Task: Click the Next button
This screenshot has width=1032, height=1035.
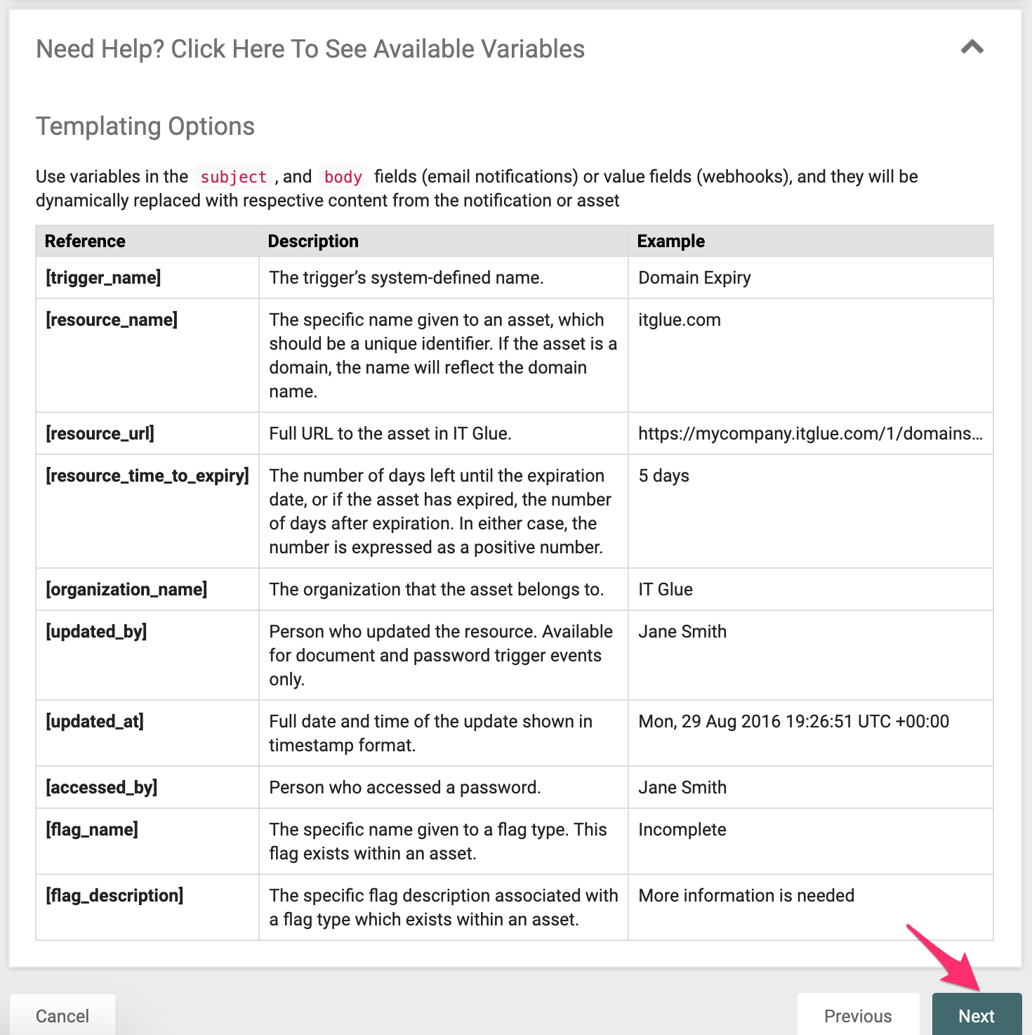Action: tap(976, 1015)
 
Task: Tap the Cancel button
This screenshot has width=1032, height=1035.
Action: tap(62, 1015)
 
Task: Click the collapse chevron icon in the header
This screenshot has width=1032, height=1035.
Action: tap(972, 48)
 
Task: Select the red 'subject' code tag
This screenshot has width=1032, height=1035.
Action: tap(234, 177)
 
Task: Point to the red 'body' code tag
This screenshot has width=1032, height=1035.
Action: tap(343, 177)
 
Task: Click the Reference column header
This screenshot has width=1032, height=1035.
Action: tap(85, 241)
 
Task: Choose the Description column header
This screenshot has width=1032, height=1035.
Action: tap(313, 241)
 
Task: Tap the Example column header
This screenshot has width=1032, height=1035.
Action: tap(670, 241)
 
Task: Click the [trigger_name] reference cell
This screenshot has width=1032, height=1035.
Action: tap(103, 277)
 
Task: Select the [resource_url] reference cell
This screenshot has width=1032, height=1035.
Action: tap(100, 433)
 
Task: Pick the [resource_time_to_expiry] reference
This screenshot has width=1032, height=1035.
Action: tap(147, 475)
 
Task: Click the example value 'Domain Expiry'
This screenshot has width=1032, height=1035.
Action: tap(694, 277)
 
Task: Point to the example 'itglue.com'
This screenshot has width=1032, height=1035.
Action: tap(679, 319)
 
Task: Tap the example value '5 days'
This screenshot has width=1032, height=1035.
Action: tap(663, 475)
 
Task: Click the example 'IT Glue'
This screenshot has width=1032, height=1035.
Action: tap(665, 589)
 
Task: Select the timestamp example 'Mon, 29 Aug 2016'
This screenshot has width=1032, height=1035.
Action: tap(793, 721)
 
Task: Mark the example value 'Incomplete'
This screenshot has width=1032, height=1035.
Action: tap(682, 829)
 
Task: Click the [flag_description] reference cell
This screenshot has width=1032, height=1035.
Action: tap(114, 895)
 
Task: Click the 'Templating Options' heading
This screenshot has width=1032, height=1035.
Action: tap(145, 126)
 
